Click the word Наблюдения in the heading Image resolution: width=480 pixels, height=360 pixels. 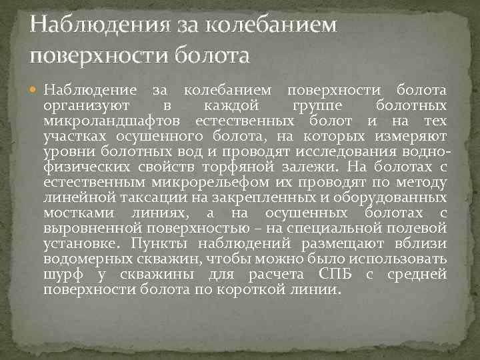93,25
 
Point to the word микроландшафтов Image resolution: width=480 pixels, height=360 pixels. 114,121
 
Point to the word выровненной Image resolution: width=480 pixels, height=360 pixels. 86,228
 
